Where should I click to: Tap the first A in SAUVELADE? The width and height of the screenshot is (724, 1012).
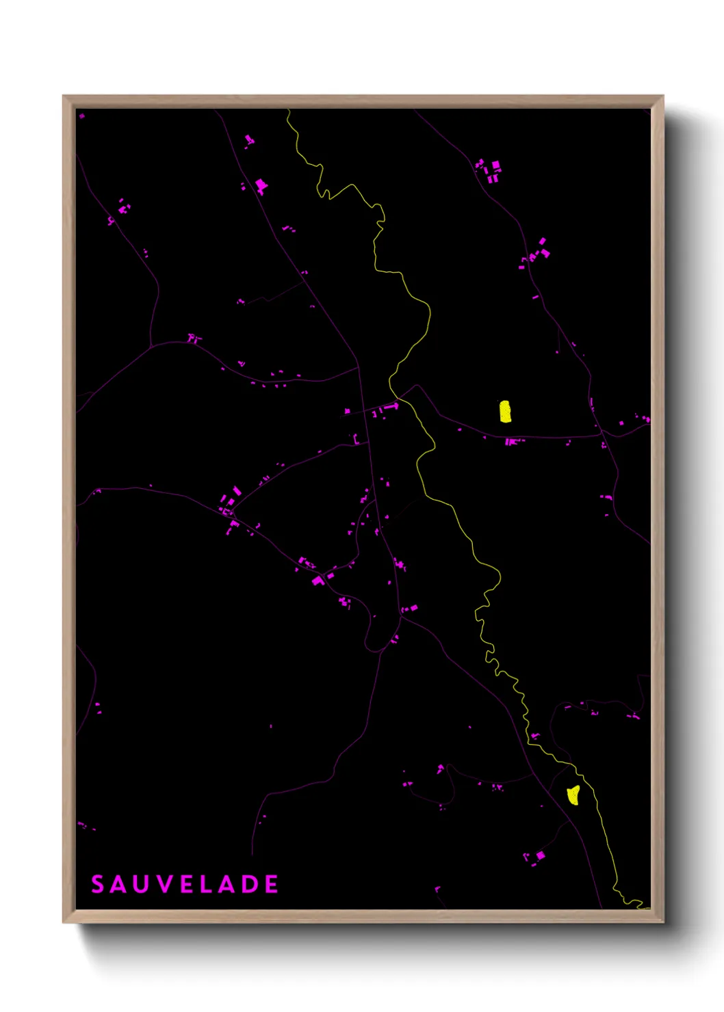120,884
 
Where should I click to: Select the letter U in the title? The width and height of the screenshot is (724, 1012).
142,884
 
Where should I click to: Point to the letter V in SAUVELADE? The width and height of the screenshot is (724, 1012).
164,884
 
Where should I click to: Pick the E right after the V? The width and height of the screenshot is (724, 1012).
185,884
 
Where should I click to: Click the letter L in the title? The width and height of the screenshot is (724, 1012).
205,884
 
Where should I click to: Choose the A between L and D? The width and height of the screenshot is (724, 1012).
226,884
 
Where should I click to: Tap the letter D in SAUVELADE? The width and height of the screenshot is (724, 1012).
249,884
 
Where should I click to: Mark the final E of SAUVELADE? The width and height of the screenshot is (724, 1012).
271,884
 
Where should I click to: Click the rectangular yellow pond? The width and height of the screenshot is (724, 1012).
505,412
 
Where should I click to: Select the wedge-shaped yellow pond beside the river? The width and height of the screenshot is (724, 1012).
573,795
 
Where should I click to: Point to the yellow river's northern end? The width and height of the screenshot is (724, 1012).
288,111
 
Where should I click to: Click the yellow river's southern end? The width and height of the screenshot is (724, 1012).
646,907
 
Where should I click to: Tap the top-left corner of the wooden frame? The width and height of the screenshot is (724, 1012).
64,97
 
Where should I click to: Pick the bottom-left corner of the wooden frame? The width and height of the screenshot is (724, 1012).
64,921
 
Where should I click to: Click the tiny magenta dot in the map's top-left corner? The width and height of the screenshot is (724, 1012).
81,116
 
